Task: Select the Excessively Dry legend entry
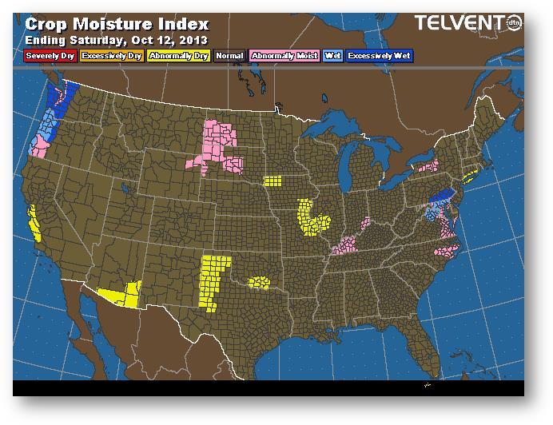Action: tap(111, 56)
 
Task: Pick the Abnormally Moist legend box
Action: tap(284, 56)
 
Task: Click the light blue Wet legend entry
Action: tap(332, 56)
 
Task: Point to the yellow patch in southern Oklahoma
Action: tap(260, 281)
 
